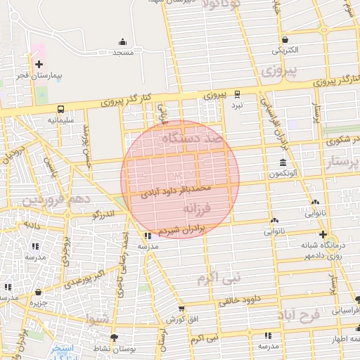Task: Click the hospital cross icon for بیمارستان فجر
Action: (x=39, y=64)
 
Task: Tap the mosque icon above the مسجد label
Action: (x=123, y=41)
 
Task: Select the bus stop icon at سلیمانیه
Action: (x=61, y=109)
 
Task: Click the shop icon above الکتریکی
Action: (x=285, y=39)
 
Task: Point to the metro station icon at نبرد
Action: (x=237, y=93)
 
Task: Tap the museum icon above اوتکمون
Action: (x=283, y=163)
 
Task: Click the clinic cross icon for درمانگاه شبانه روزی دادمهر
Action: (x=323, y=234)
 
